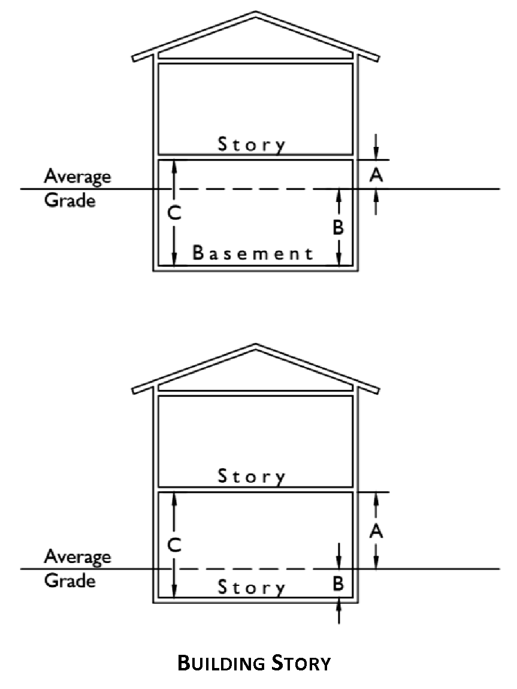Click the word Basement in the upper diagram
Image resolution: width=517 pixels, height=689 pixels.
252,253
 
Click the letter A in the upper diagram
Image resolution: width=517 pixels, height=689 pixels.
376,175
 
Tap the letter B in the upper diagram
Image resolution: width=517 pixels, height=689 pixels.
338,228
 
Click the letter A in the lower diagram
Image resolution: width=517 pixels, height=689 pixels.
376,531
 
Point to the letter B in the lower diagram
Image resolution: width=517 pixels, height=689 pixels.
338,583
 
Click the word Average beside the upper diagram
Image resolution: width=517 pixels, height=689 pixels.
77,177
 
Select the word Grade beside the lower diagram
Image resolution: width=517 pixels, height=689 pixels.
69,580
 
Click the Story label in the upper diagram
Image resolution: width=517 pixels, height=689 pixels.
252,145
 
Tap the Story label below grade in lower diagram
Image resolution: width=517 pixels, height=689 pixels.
252,587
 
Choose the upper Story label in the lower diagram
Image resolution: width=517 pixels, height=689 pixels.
252,477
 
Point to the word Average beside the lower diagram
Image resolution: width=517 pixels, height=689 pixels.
77,557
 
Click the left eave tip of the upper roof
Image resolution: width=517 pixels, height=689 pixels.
134,59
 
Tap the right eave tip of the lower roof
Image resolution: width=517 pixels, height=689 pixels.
377,389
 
